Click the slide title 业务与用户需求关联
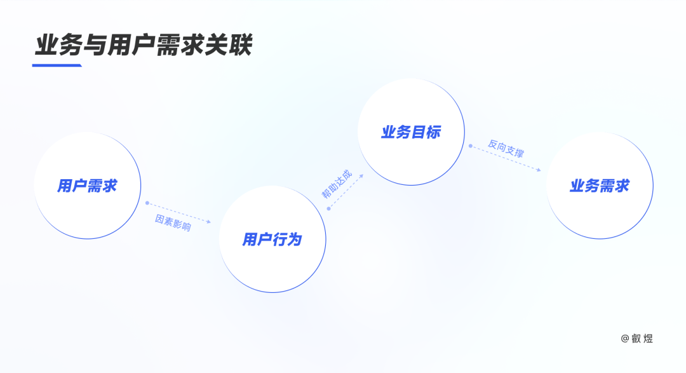(x=144, y=45)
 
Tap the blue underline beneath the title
(x=57, y=65)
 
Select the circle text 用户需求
(x=87, y=186)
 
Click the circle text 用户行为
(x=272, y=240)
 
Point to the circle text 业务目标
(x=410, y=132)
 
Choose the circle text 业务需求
(x=600, y=186)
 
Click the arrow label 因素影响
(x=173, y=223)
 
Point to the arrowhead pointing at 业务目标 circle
(x=361, y=174)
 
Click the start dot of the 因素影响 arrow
(x=147, y=203)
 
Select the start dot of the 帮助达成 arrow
(x=328, y=208)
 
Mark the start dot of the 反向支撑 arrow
(x=471, y=146)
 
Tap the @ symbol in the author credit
(x=624, y=339)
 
